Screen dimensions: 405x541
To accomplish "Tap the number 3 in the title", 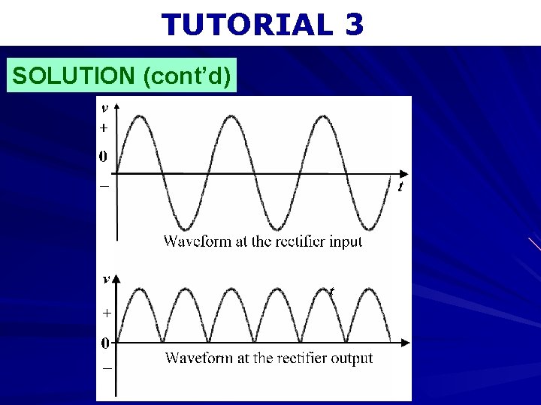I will click(355, 25).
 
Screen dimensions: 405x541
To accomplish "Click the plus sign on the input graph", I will click(103, 128).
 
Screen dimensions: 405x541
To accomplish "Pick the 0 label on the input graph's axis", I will click(102, 157).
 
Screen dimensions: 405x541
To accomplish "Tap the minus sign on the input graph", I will click(104, 185).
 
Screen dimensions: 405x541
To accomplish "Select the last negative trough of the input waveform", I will click(370, 228).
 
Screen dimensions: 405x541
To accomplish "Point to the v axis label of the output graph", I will click(106, 278).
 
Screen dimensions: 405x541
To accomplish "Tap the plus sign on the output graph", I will click(106, 311).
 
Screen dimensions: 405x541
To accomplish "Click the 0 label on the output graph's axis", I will click(105, 343).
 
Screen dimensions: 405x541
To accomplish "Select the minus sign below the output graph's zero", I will click(107, 369).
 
